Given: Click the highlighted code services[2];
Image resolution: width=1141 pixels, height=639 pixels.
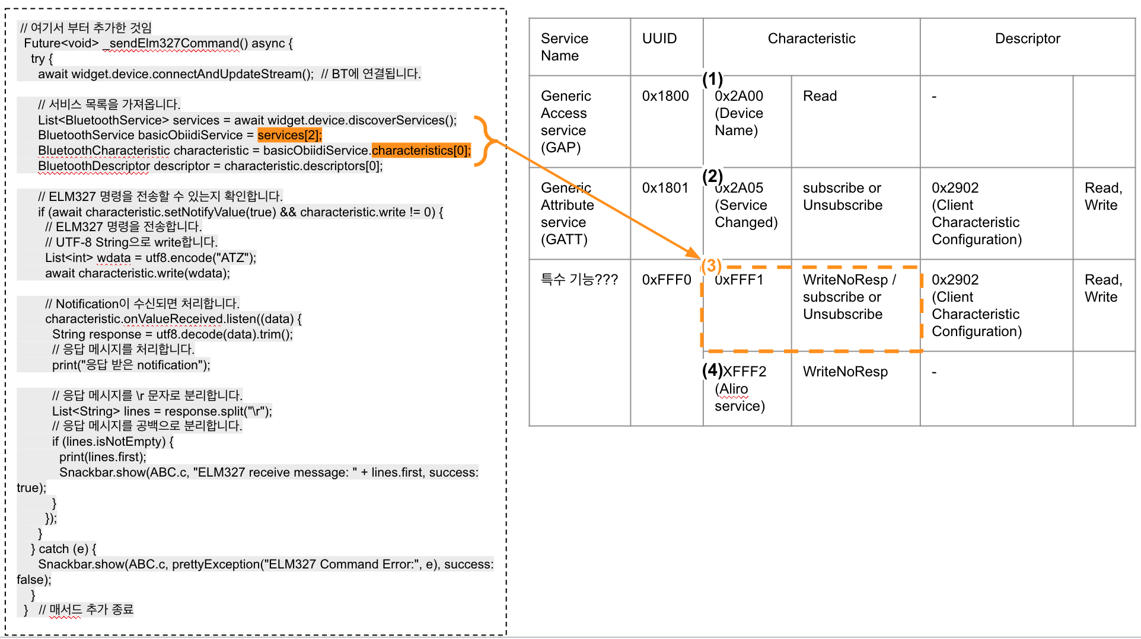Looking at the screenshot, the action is pos(289,135).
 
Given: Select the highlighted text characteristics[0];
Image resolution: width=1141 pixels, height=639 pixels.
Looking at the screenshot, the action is pos(421,151).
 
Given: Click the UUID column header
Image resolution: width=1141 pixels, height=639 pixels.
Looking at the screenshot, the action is pos(659,39).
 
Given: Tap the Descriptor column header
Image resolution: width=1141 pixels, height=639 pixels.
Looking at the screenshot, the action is pos(1027,39).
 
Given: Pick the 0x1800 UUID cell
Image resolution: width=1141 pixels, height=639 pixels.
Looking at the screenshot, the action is pos(665,96).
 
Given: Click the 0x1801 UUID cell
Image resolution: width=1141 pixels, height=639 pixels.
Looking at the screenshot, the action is pos(665,188).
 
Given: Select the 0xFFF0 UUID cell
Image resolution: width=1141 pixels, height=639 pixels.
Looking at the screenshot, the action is pos(667,280).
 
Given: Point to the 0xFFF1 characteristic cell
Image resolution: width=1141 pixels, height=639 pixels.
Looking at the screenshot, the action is pos(740,280).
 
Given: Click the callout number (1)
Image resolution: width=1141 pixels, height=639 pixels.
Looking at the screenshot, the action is pos(712,79).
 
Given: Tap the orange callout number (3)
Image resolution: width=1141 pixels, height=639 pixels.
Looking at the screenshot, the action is pos(711,266).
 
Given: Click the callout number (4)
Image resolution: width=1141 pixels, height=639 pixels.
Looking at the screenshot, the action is pos(712,370).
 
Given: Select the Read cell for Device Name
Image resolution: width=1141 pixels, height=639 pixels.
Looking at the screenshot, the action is pos(820,96).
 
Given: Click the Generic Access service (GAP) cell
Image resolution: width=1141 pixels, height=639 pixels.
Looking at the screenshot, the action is pos(566,122).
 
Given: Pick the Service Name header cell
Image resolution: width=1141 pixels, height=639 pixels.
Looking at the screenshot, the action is pos(564,47).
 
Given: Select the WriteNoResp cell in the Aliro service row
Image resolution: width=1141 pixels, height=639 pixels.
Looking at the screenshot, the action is pos(845,372).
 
